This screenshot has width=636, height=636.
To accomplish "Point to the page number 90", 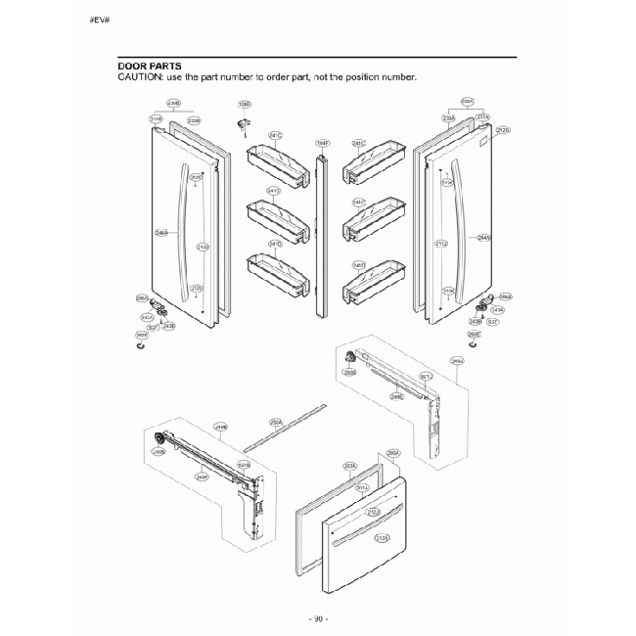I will (318, 618).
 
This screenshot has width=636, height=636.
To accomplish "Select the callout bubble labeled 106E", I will (244, 104).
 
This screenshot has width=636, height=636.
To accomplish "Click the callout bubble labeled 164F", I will (322, 143).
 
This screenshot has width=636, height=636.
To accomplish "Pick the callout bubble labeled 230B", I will (174, 102).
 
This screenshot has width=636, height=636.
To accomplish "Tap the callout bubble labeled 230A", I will (468, 102).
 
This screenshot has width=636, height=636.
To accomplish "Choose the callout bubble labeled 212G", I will (503, 130).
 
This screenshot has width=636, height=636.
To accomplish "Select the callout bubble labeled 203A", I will (349, 467).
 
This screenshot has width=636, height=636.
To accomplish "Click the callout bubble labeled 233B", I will (194, 120).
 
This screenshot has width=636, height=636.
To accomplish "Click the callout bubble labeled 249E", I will (396, 396).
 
